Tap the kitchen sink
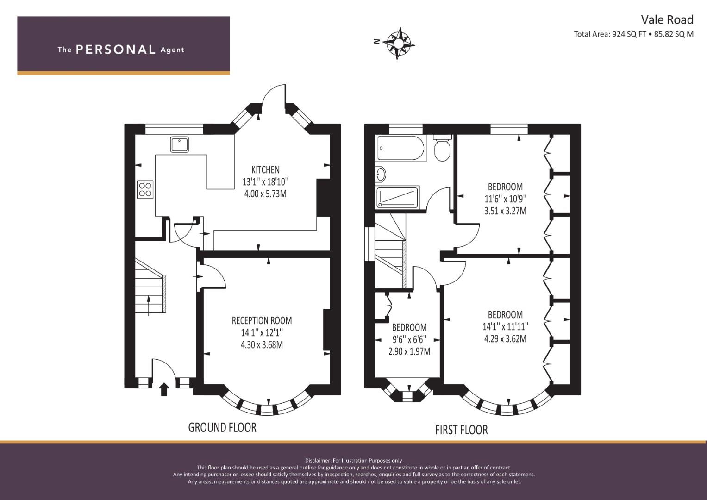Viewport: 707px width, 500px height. coord(179,144)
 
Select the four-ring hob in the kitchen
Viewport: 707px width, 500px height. coord(145,189)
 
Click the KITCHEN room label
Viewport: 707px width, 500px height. coord(265,170)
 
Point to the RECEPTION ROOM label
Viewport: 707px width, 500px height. coord(262,321)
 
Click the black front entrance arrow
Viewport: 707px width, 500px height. coord(164,389)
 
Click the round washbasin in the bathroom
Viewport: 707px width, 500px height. coord(381,174)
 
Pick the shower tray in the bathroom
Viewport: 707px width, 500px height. coord(398,197)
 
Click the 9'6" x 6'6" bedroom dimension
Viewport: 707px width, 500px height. coord(409,339)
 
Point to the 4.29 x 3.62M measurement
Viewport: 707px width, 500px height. coord(505,339)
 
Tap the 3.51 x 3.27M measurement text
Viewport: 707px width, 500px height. coord(505,211)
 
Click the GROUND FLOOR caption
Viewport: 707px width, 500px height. coord(222,427)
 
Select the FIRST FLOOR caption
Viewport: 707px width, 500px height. coord(462,430)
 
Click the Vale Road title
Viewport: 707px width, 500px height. coord(667,20)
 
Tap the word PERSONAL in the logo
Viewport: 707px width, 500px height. coord(116,50)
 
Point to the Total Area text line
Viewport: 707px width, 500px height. coord(634,34)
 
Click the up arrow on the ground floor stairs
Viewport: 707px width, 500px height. coord(149,306)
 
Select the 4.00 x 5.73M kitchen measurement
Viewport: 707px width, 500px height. coord(265,194)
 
